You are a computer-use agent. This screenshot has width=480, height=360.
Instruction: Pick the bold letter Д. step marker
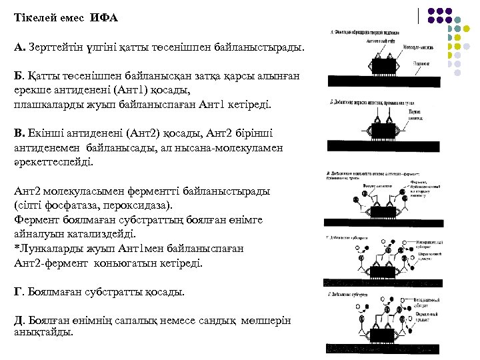(19, 321)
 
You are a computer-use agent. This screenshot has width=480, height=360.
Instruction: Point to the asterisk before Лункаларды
(16, 249)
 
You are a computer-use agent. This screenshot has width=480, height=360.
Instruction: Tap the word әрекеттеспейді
(54, 161)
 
